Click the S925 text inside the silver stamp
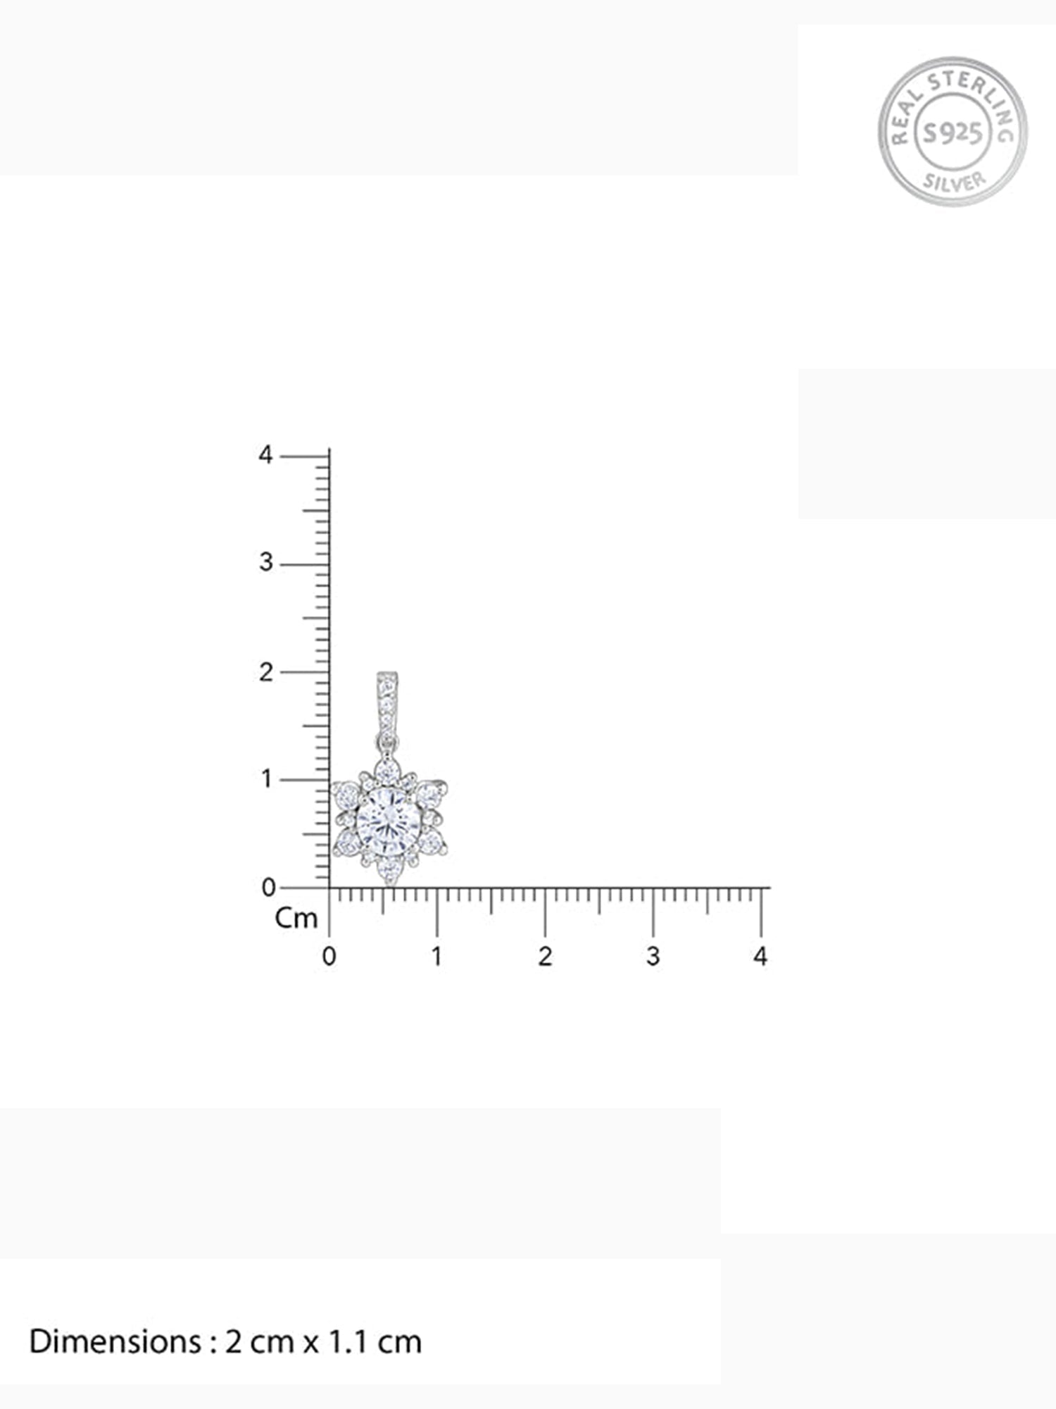point(953,132)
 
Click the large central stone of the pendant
point(388,821)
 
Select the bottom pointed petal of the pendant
point(389,870)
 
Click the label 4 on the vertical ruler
point(265,455)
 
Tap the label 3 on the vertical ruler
point(265,562)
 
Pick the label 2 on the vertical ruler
point(265,672)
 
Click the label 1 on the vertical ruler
point(266,779)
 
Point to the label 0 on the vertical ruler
point(268,888)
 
